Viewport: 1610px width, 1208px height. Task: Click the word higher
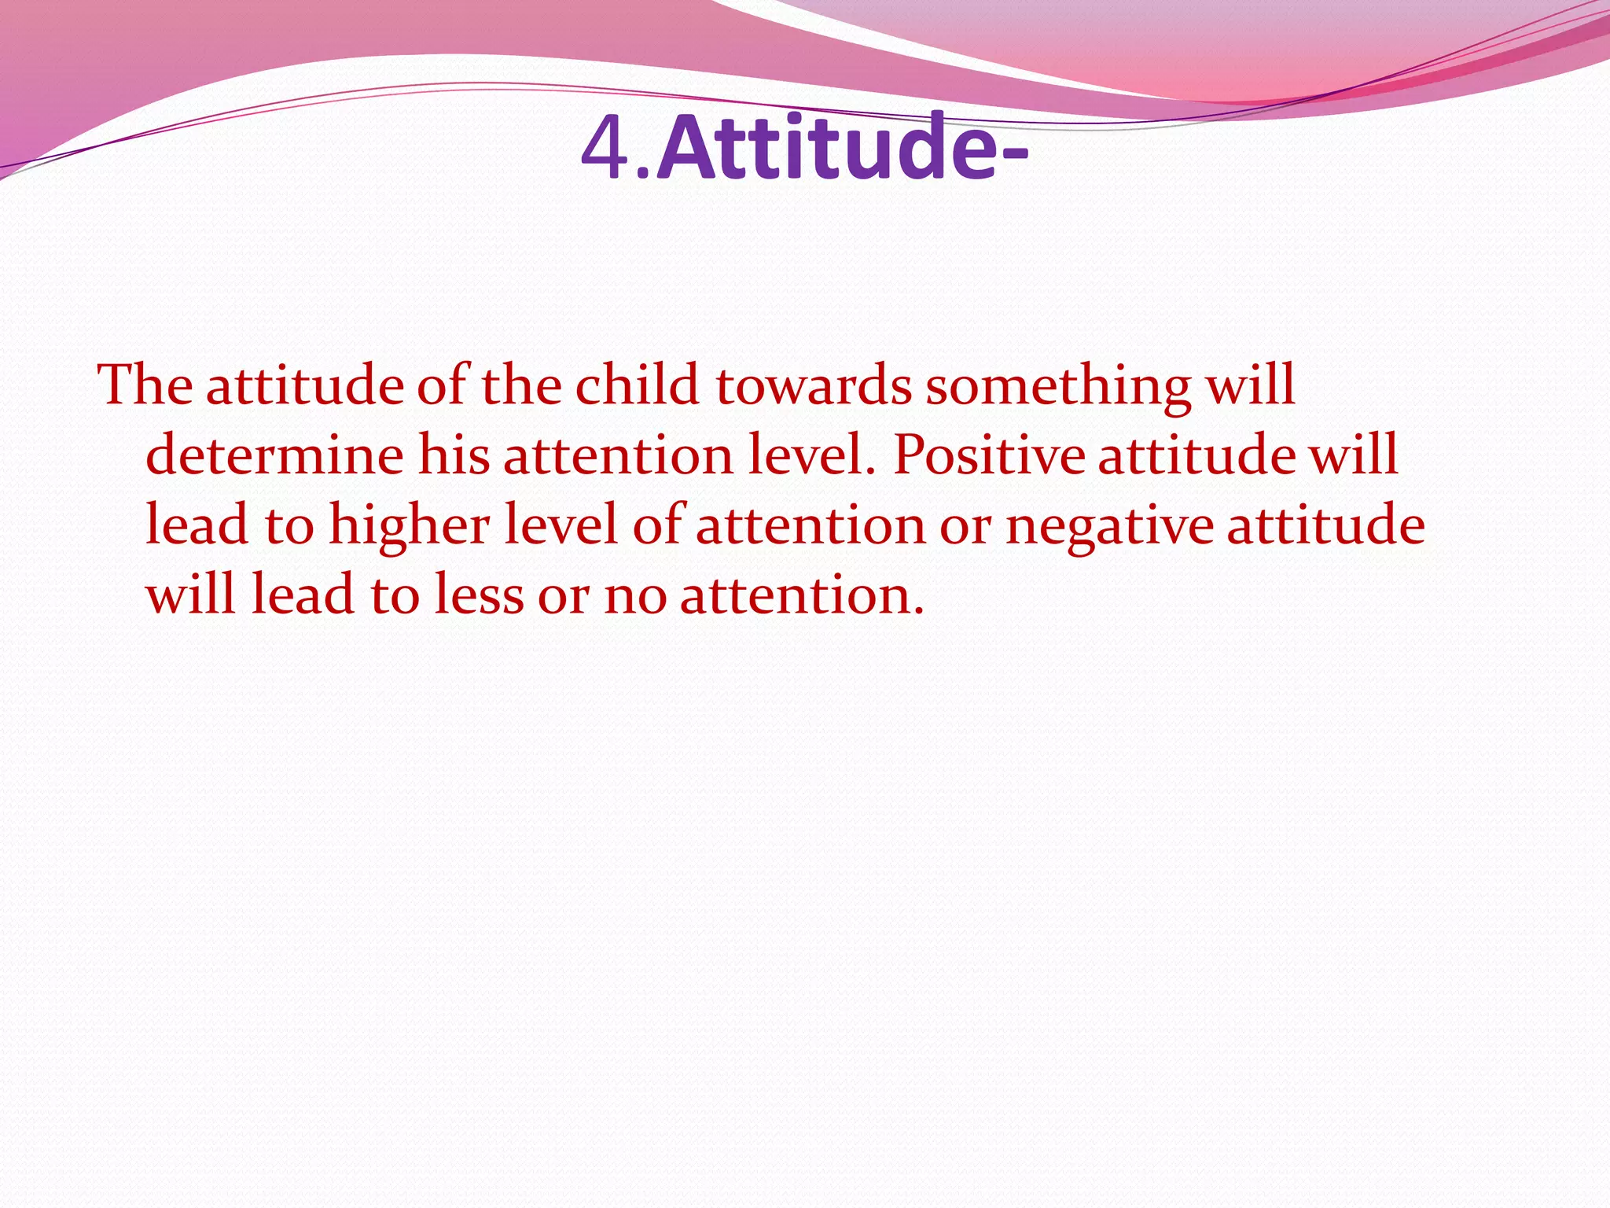click(409, 525)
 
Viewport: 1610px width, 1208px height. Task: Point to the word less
click(479, 595)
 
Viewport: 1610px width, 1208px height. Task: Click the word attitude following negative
click(1325, 525)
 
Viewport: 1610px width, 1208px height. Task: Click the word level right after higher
click(560, 525)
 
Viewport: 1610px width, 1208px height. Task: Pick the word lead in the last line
click(302, 595)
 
